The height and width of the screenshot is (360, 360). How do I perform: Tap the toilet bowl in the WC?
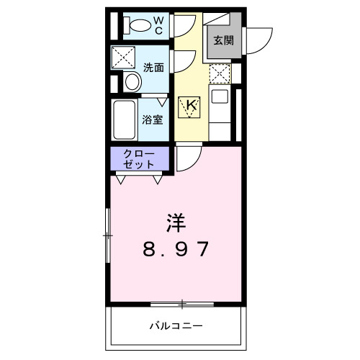point(136,27)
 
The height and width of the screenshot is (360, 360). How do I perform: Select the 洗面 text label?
point(153,68)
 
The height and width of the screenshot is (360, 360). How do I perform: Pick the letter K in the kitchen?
point(191,106)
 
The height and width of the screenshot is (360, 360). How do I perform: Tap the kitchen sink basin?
point(220,96)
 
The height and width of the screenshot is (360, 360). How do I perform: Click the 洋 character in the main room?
point(176,220)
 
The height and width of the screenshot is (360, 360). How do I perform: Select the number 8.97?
point(176,250)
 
